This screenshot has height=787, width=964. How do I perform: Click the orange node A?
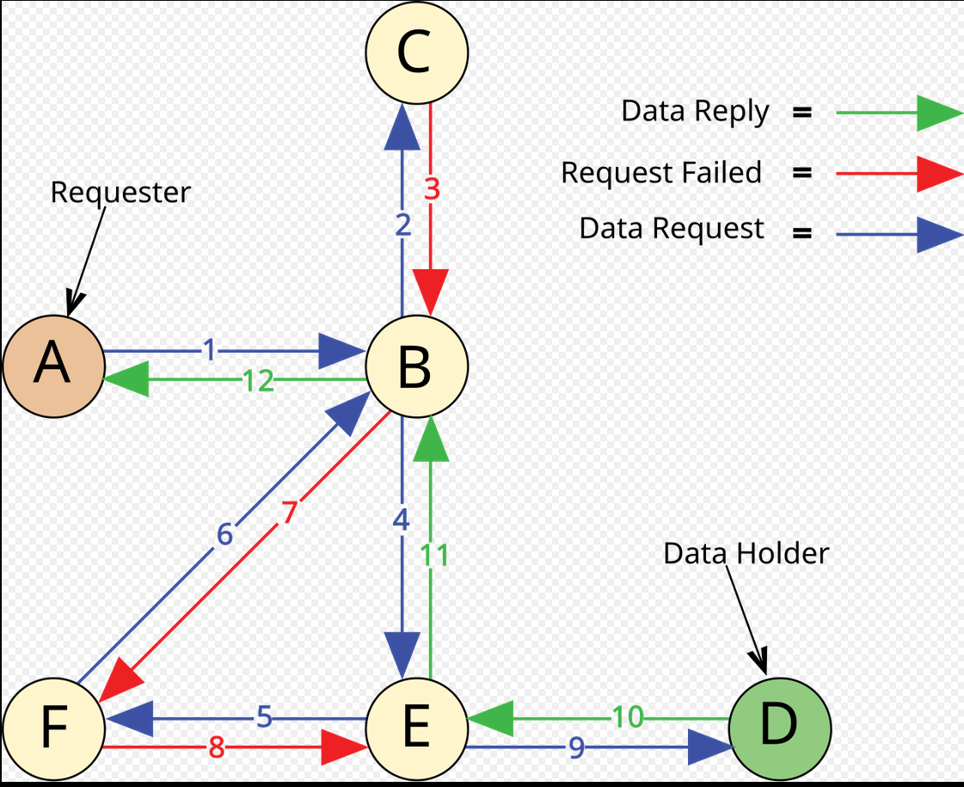click(x=53, y=366)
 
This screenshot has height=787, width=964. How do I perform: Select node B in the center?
click(x=417, y=366)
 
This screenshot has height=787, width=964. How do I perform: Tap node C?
click(x=417, y=52)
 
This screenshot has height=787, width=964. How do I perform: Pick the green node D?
click(x=780, y=729)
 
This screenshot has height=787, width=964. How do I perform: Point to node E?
click(x=417, y=729)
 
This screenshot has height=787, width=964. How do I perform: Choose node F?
click(x=53, y=729)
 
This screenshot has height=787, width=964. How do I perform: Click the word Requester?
click(x=120, y=193)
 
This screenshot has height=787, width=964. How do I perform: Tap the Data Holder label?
click(x=746, y=553)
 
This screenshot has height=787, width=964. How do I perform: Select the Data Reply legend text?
click(x=696, y=112)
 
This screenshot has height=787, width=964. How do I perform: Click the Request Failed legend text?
click(x=661, y=172)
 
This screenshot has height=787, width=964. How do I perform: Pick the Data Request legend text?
click(x=672, y=229)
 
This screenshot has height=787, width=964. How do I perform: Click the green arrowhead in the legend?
click(x=938, y=114)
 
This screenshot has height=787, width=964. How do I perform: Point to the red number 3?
click(x=433, y=188)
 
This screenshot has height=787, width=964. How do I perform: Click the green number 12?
click(x=258, y=381)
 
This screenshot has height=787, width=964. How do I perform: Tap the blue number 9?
click(x=576, y=747)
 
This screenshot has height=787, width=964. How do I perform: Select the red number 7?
click(x=289, y=513)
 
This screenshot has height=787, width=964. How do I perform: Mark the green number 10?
click(x=628, y=717)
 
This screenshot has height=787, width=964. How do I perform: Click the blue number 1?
click(x=210, y=350)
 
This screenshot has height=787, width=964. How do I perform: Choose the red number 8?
click(x=217, y=747)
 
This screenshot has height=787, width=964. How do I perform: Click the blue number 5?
click(x=264, y=717)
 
